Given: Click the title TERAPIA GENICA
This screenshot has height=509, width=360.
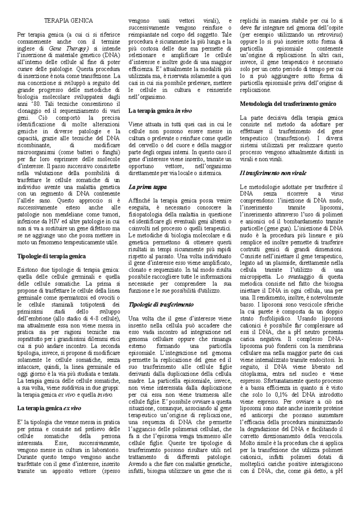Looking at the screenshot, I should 69,21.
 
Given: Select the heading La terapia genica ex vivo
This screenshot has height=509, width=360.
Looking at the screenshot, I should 49,408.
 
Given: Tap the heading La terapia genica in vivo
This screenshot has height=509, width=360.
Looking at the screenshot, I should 160,111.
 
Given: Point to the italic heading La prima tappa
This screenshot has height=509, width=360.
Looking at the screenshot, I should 147,187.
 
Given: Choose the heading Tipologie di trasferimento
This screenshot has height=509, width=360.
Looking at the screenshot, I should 161,304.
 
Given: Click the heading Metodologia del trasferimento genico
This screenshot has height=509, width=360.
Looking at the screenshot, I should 288,104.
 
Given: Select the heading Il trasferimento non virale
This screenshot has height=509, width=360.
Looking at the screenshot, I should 273,173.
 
